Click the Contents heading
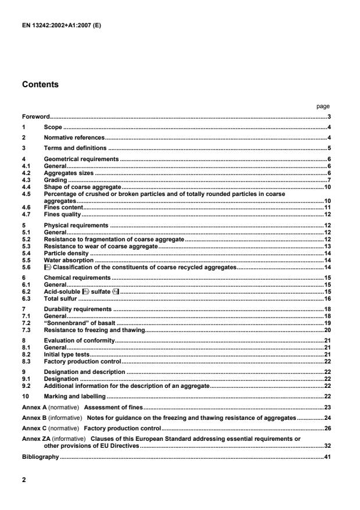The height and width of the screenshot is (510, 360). tap(41, 85)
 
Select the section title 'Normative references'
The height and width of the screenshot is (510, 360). tap(74, 137)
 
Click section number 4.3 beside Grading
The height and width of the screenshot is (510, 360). tap(26, 180)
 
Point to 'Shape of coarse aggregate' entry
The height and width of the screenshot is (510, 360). tap(82, 187)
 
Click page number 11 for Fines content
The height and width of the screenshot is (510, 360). tap(327, 207)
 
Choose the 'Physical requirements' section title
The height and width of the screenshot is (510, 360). tap(76, 224)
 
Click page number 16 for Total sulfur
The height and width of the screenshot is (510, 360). tap(327, 298)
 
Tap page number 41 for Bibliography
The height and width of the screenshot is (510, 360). tap(327, 457)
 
